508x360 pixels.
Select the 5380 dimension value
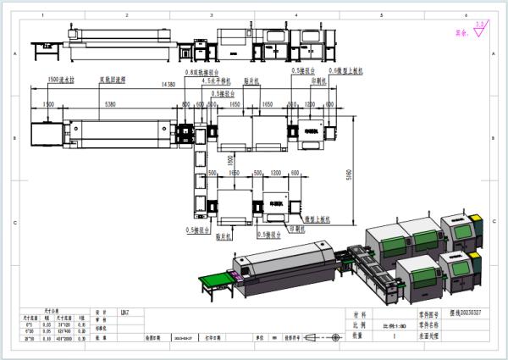[x=110, y=103]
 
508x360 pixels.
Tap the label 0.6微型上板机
[x=347, y=71]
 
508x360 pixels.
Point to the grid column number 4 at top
[x=295, y=15]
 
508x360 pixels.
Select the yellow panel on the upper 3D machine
[x=477, y=223]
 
